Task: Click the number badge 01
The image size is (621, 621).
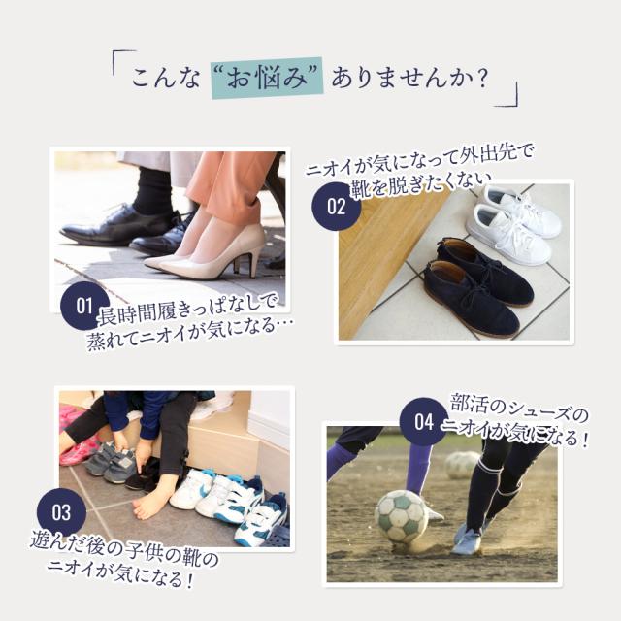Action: pyautogui.click(x=84, y=306)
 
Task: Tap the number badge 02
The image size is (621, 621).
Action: pyautogui.click(x=337, y=207)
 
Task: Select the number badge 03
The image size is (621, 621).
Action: pyautogui.click(x=61, y=512)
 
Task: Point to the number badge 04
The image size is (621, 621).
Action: pyautogui.click(x=424, y=422)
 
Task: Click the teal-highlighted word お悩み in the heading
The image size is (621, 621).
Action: pyautogui.click(x=268, y=78)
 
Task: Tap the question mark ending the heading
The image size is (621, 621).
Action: pyautogui.click(x=482, y=79)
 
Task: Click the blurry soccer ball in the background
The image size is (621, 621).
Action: pyautogui.click(x=462, y=466)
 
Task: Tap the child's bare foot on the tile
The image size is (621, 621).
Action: pyautogui.click(x=153, y=499)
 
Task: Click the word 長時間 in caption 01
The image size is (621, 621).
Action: pyautogui.click(x=127, y=314)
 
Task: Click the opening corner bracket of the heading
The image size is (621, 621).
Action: pyautogui.click(x=123, y=60)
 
